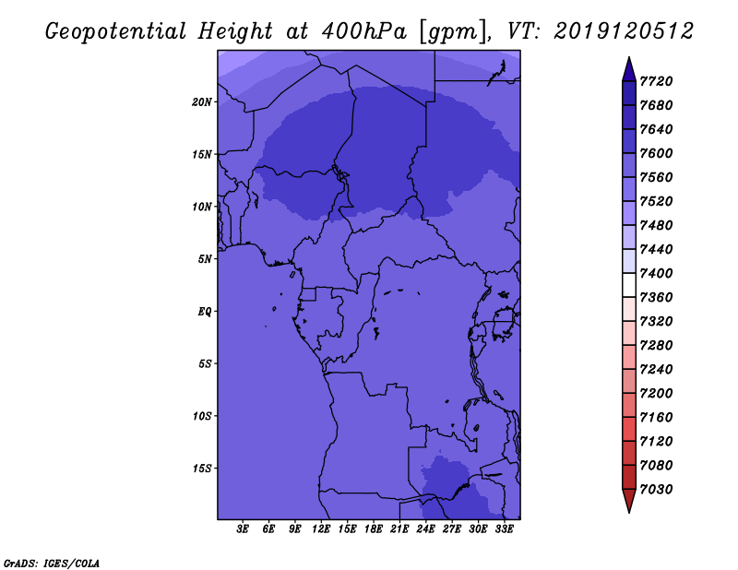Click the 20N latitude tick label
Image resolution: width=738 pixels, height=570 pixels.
[202, 102]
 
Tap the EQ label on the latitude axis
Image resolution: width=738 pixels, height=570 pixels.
[205, 312]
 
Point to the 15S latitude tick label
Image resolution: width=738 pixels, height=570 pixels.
[202, 469]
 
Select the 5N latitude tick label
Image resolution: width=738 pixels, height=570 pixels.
[205, 259]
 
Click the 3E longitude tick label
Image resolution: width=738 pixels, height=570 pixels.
[243, 529]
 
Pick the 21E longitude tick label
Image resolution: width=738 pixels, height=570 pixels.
[399, 529]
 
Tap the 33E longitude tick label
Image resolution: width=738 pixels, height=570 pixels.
[504, 529]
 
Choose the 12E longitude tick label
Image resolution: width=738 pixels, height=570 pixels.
[320, 529]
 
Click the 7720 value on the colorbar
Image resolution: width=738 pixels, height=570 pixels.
[656, 81]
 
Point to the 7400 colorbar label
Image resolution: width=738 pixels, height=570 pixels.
[656, 273]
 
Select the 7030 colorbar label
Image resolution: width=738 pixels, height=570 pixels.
[656, 490]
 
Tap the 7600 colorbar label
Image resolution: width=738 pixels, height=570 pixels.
[656, 153]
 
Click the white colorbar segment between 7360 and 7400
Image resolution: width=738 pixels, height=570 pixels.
[629, 285]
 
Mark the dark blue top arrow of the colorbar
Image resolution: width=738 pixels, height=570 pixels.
[629, 72]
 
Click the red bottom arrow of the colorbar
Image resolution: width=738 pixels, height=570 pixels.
[629, 500]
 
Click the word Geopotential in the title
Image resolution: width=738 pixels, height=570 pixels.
[116, 32]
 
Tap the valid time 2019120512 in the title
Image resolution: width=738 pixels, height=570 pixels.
[624, 31]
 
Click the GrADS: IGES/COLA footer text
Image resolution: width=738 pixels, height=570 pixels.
[52, 564]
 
